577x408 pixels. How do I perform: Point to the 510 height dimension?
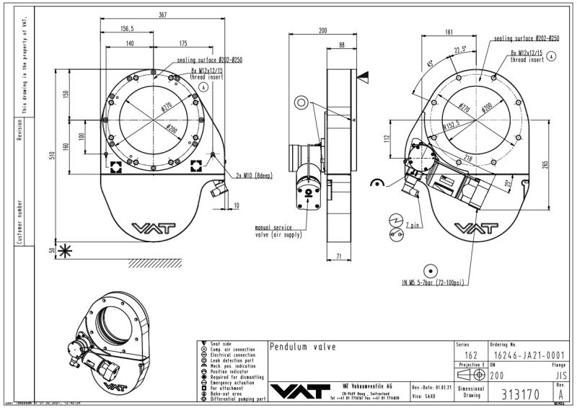coord(52,159)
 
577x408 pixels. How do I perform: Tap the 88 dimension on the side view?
coord(341,45)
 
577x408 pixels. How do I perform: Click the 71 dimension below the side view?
coord(339,255)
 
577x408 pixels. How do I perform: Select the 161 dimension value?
coord(449,32)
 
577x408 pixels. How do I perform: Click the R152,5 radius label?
coord(452,125)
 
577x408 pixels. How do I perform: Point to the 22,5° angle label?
coord(459,50)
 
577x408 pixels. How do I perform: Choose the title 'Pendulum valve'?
coord(303,347)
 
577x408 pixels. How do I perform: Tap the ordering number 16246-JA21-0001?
coord(526,355)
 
